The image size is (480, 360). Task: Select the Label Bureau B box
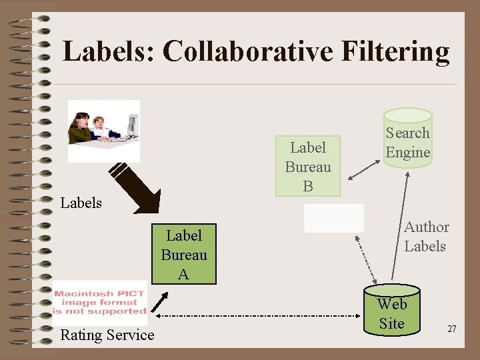click(308, 167)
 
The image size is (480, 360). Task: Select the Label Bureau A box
click(183, 255)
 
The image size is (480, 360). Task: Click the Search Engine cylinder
click(407, 141)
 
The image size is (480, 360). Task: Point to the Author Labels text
click(425, 237)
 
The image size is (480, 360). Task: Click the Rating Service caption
click(107, 335)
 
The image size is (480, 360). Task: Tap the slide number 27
click(451, 329)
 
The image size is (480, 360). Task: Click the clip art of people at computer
click(104, 130)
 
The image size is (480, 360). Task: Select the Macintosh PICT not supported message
click(100, 302)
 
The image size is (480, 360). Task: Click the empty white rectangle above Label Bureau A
click(334, 218)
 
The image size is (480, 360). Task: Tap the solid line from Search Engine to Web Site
click(399, 220)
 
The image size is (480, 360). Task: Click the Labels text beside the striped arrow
click(81, 203)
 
